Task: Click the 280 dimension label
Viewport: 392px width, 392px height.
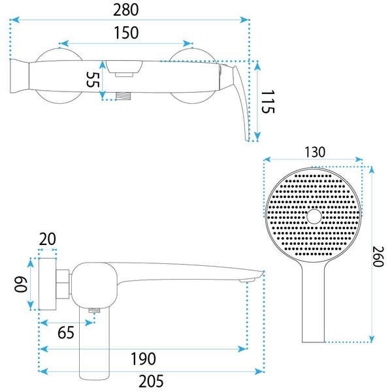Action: click(125, 10)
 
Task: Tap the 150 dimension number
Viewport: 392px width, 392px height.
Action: click(126, 33)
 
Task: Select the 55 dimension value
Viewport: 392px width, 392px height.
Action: click(93, 80)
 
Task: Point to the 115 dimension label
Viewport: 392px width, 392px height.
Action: click(268, 102)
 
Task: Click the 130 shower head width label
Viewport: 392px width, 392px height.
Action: click(315, 152)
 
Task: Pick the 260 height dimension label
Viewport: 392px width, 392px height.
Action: click(378, 257)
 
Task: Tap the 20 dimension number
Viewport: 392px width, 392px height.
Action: click(47, 239)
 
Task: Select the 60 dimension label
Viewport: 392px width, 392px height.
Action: click(20, 284)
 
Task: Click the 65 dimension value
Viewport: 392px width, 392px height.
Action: click(66, 333)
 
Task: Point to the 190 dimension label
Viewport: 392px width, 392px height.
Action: click(143, 359)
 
